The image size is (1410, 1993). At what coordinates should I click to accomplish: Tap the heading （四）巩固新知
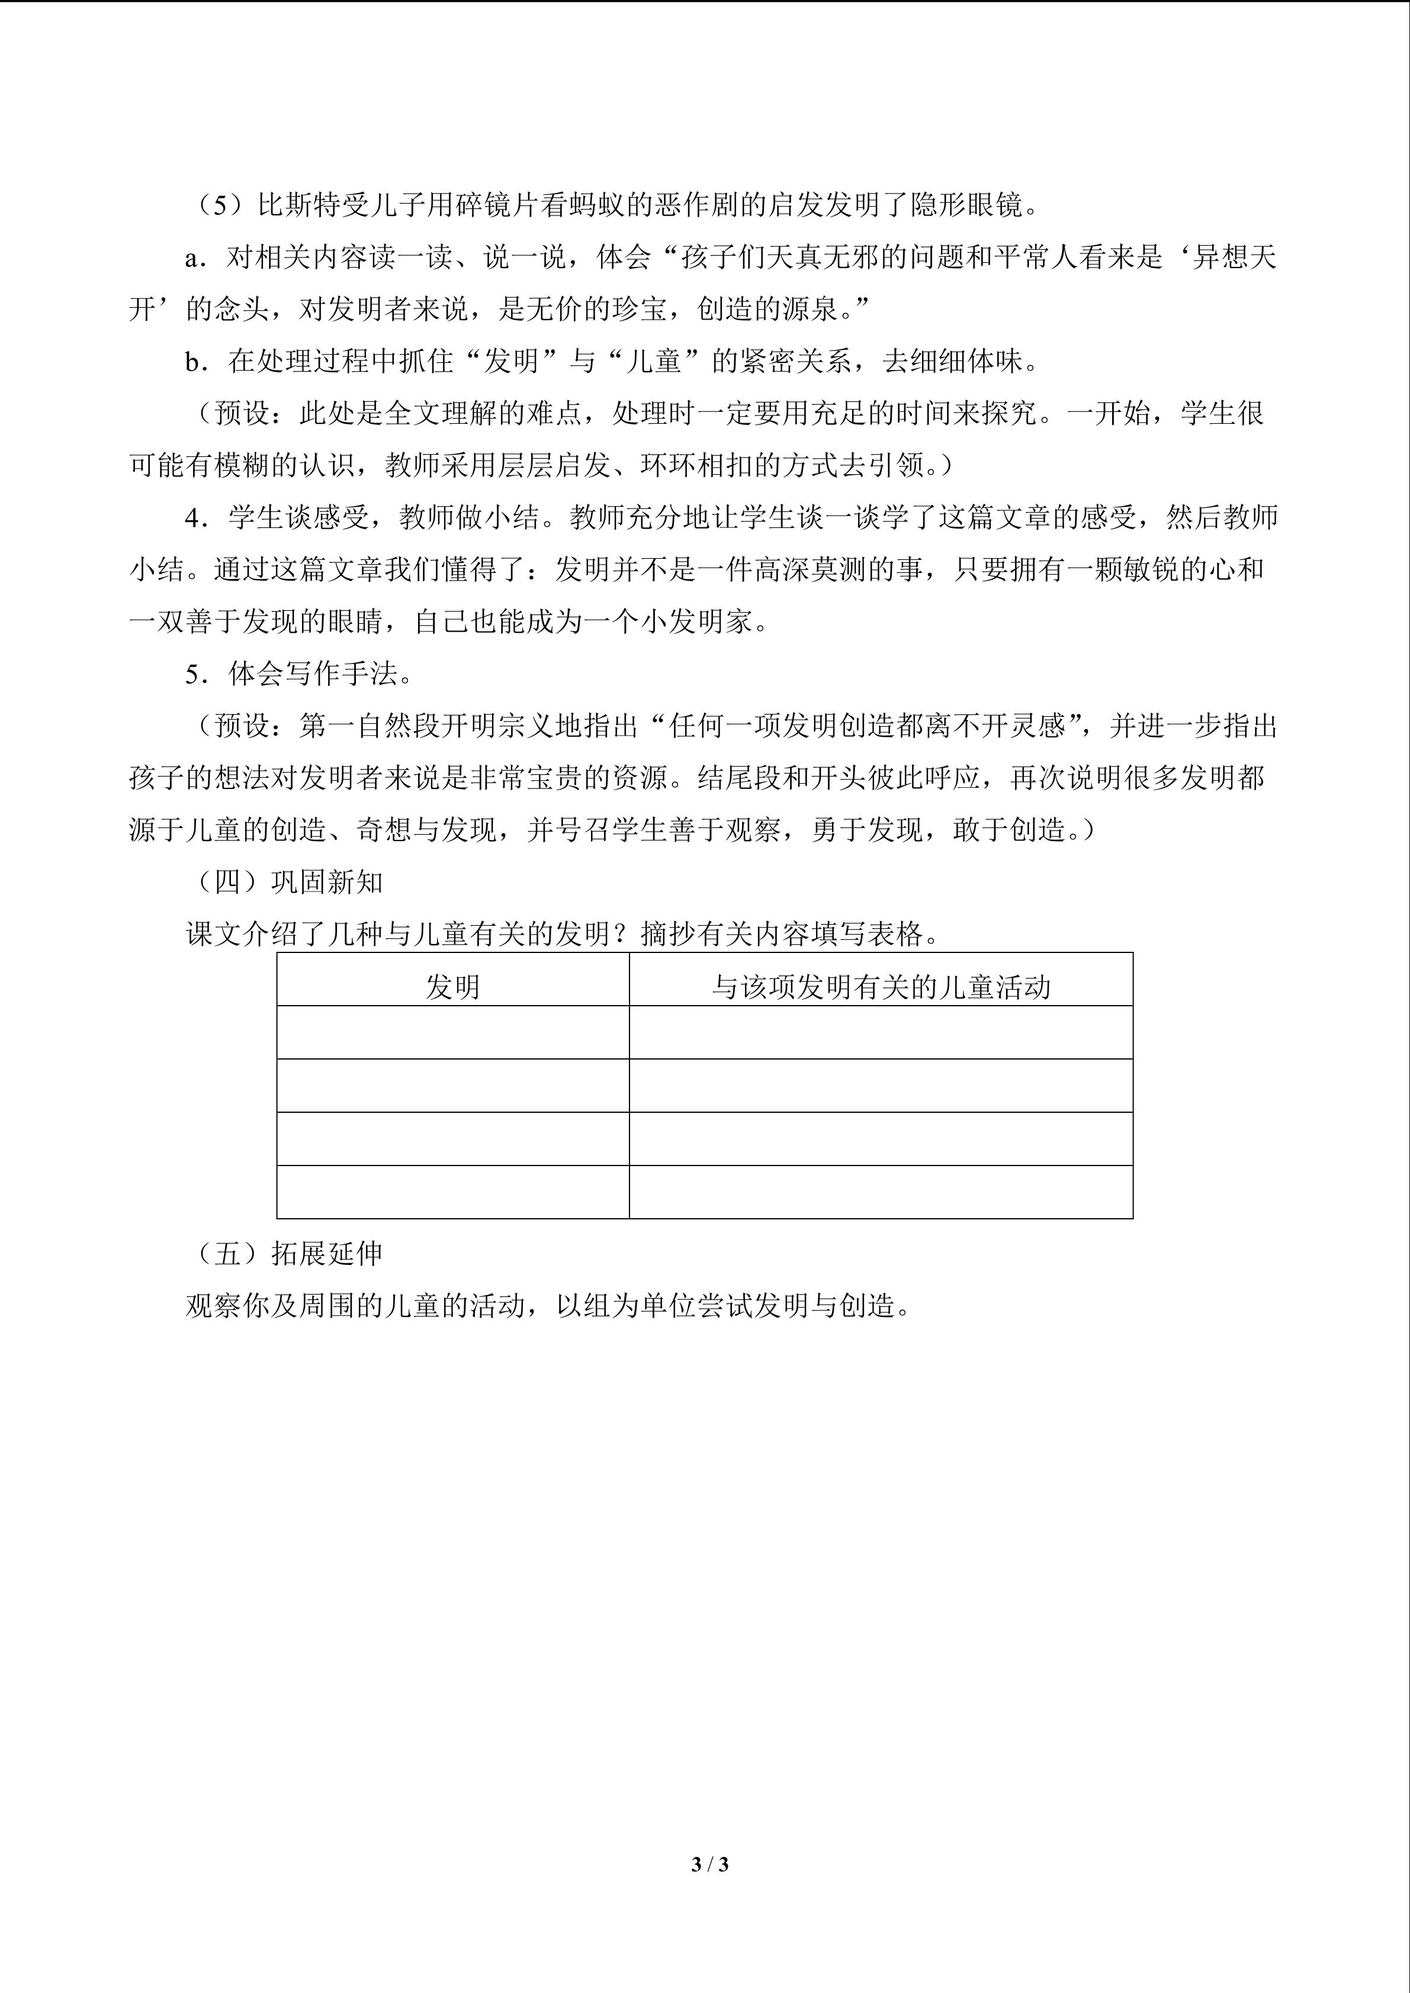point(287,883)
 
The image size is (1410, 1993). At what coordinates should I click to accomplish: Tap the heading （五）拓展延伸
point(287,1254)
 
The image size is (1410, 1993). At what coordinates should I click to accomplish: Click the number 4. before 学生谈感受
point(195,518)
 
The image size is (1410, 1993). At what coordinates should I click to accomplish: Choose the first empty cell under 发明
point(452,1032)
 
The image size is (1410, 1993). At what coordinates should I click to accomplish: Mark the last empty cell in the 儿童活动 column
point(881,1192)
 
